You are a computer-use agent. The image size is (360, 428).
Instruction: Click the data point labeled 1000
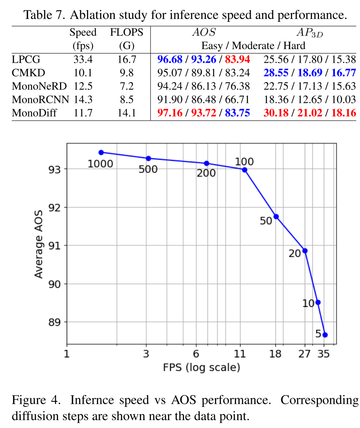tap(101, 152)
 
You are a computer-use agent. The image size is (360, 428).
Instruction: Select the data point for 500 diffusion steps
tap(148, 158)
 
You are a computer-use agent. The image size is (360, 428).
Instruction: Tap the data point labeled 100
tap(244, 170)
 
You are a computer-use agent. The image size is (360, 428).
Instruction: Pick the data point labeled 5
tap(325, 335)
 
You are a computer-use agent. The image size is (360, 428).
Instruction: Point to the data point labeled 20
tap(305, 251)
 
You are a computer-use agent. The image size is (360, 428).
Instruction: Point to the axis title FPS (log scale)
tap(201, 368)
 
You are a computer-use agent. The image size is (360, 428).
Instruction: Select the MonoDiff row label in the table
tap(34, 113)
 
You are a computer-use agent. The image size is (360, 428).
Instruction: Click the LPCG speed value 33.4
tap(83, 60)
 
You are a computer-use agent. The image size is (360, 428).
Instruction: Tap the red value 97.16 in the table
tap(170, 113)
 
